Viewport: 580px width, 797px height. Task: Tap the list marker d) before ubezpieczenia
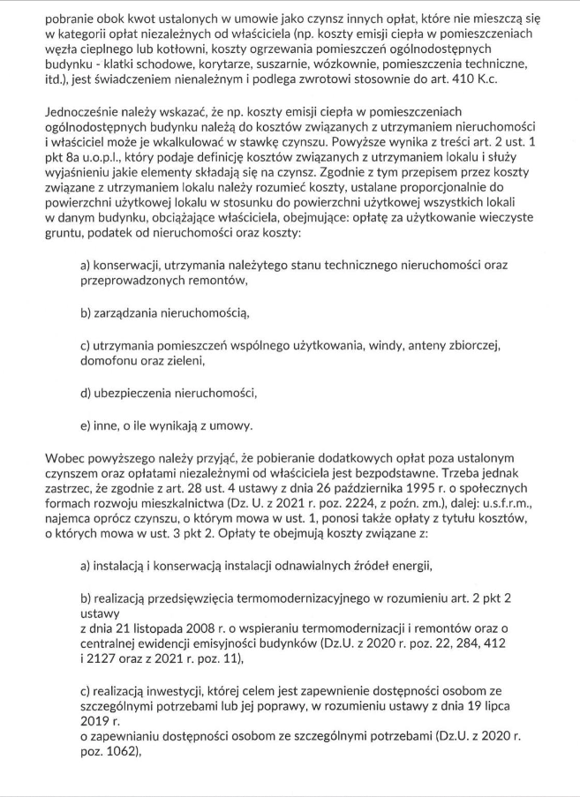point(87,393)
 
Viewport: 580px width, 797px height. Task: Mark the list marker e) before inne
point(87,425)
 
